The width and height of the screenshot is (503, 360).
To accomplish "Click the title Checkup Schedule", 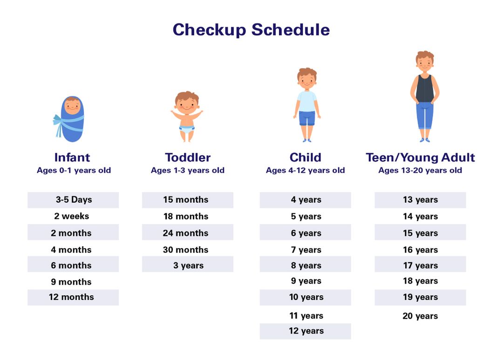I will click(x=251, y=30).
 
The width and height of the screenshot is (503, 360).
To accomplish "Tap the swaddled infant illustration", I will click(x=71, y=119).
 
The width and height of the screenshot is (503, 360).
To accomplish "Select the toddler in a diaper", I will click(x=187, y=116).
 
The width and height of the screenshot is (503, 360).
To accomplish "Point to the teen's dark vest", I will click(x=424, y=88).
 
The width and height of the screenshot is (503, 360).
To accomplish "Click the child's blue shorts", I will click(x=306, y=118).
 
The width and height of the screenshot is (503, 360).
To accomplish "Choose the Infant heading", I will click(x=72, y=157).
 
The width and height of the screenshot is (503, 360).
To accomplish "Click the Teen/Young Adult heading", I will click(x=420, y=157).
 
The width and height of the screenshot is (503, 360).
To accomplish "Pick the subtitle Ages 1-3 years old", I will click(x=188, y=170).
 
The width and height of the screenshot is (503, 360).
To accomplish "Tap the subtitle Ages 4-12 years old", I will click(x=306, y=170).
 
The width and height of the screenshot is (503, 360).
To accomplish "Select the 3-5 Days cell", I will click(x=74, y=200).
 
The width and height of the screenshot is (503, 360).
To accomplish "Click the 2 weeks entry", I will click(x=71, y=216).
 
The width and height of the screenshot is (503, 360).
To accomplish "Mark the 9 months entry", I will click(x=71, y=282).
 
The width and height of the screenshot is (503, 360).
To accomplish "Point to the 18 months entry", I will click(x=186, y=216).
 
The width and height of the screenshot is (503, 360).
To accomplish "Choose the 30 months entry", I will click(x=186, y=250).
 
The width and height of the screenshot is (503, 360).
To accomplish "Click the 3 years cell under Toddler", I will click(x=188, y=265).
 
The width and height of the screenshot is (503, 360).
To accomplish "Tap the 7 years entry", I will click(x=306, y=250).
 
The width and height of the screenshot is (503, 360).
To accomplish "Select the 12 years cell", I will click(x=306, y=331).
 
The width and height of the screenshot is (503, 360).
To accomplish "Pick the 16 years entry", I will click(x=420, y=250).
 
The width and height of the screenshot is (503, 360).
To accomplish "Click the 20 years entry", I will click(x=420, y=316).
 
